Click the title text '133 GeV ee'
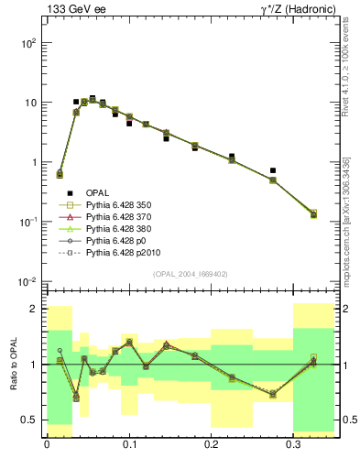click(x=75, y=10)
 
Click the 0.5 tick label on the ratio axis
click(x=32, y=420)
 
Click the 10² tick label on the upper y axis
click(x=29, y=43)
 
